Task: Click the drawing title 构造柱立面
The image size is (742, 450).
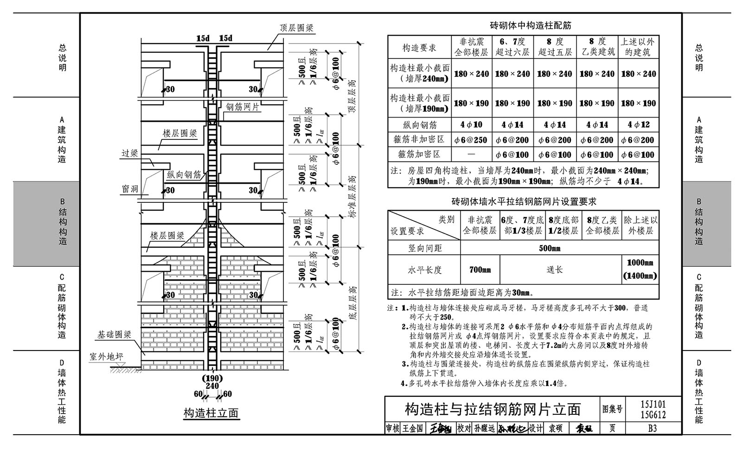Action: pyautogui.click(x=211, y=413)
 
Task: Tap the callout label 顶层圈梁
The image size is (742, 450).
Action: pyautogui.click(x=296, y=28)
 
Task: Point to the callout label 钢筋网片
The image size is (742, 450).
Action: pyautogui.click(x=243, y=107)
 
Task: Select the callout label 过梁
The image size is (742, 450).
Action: pyautogui.click(x=129, y=153)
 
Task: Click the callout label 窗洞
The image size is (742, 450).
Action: pyautogui.click(x=130, y=189)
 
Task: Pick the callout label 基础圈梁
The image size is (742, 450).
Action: pyautogui.click(x=114, y=335)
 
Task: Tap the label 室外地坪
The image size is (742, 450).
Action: pyautogui.click(x=106, y=357)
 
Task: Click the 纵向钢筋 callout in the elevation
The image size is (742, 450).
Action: pyautogui.click(x=184, y=175)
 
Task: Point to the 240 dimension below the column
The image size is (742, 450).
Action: pyautogui.click(x=212, y=386)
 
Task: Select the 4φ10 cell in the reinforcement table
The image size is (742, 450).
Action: pyautogui.click(x=471, y=125)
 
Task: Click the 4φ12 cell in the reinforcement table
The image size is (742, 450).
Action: pyautogui.click(x=639, y=125)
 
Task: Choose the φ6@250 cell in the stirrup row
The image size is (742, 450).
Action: pyautogui.click(x=471, y=140)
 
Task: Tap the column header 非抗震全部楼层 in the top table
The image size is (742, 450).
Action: pyautogui.click(x=471, y=47)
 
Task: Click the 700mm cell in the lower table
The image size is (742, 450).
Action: pyautogui.click(x=480, y=270)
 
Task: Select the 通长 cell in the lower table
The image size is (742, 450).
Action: pyautogui.click(x=555, y=270)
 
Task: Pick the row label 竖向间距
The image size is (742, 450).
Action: pyautogui.click(x=425, y=248)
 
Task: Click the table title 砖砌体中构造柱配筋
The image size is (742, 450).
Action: pyautogui.click(x=531, y=25)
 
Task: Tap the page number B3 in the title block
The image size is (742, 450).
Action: pyautogui.click(x=652, y=429)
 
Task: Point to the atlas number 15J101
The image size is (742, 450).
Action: pyautogui.click(x=653, y=404)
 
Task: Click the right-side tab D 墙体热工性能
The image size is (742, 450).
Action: pyautogui.click(x=698, y=392)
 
